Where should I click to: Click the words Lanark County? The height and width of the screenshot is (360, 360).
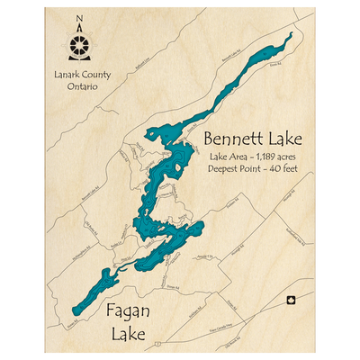tap(80, 75)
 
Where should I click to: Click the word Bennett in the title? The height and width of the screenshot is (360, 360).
tap(234, 139)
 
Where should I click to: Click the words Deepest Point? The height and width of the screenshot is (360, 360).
tap(237, 168)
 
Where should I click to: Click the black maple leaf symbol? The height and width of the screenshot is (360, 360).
tap(290, 301)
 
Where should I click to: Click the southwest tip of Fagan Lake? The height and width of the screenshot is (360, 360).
tap(69, 312)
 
